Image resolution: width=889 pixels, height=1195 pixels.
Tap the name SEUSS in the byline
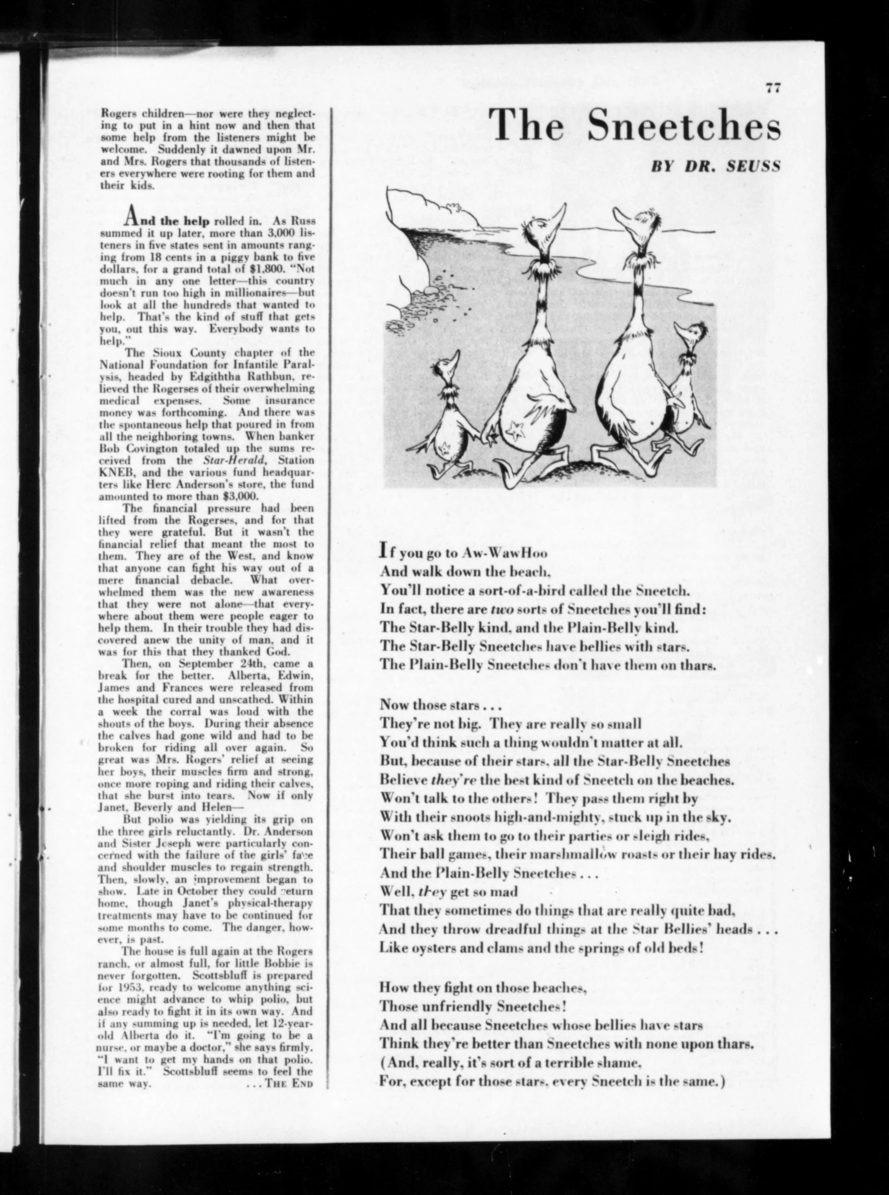click(753, 166)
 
